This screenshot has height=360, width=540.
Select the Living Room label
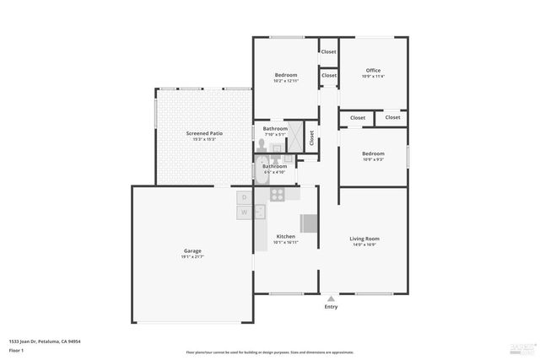click(364, 239)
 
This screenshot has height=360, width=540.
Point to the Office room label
click(373, 70)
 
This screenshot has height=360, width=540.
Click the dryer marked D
click(244, 197)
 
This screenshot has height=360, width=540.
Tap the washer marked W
click(244, 212)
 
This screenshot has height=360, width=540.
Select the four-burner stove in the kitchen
click(277, 194)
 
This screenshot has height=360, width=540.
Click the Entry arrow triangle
click(331, 298)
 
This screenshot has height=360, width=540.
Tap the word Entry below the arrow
click(331, 306)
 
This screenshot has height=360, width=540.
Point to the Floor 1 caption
click(17, 351)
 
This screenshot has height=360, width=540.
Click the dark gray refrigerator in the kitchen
click(310, 223)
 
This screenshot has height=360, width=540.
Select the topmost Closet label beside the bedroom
click(328, 52)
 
